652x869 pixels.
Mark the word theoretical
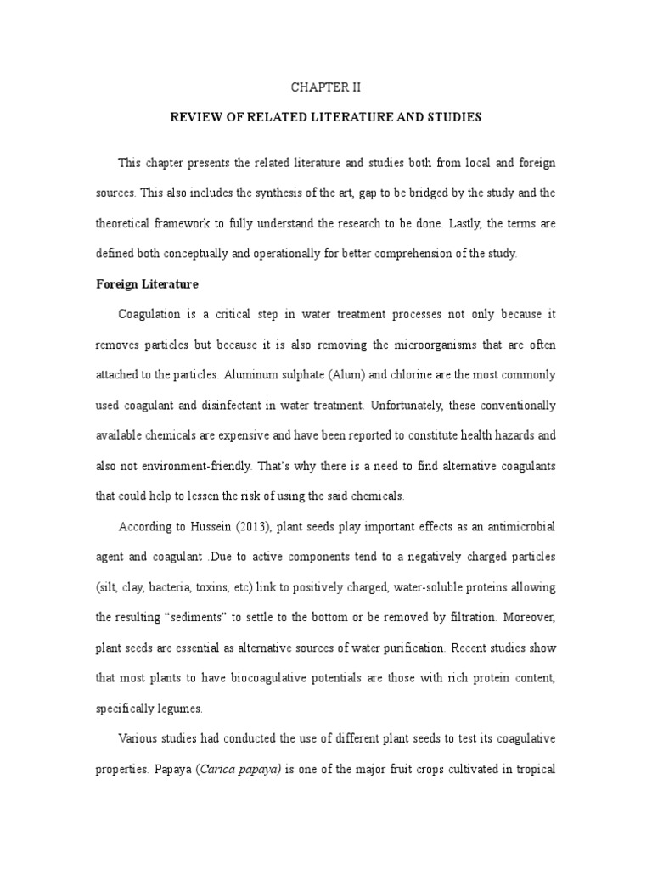pos(134,222)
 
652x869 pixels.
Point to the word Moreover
pos(530,617)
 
